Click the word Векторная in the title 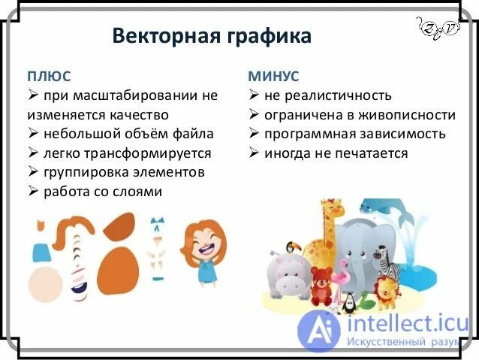[x=161, y=36]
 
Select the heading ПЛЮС [x=50, y=76]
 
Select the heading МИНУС [x=273, y=76]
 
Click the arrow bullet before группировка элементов [x=33, y=173]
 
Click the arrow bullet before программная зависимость [x=255, y=135]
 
